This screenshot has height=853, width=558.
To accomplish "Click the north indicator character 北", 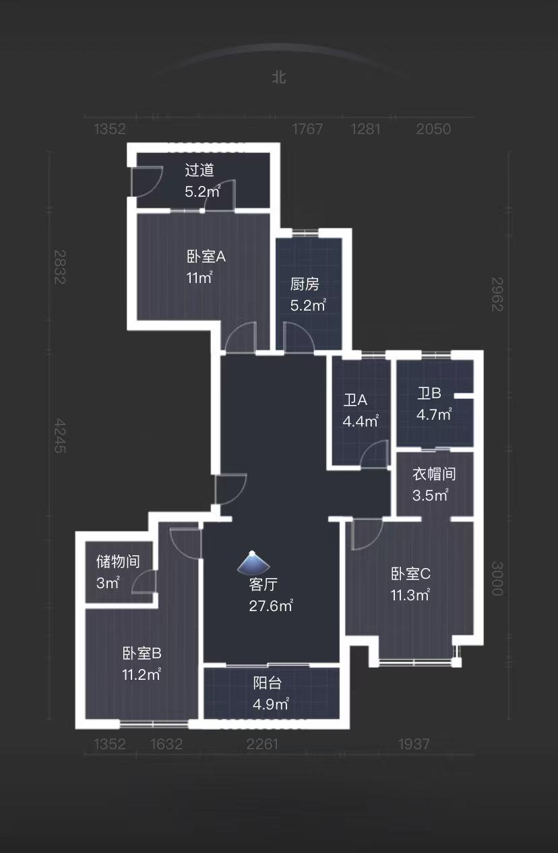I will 279,77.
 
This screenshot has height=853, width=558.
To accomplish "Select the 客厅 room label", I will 263,584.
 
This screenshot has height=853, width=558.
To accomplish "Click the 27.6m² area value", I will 270,606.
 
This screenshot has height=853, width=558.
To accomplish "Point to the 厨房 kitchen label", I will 305,284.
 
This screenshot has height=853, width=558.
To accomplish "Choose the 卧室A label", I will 206,257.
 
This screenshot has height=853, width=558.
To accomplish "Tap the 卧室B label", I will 142,653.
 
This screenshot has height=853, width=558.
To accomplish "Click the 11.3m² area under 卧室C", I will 410,595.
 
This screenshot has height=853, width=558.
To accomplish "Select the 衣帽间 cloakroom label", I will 434,474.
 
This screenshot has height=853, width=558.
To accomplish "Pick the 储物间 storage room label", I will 118,561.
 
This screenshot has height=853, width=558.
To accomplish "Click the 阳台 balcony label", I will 268,683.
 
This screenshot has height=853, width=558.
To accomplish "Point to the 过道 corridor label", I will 199,170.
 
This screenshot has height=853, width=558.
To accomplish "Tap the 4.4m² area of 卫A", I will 360,422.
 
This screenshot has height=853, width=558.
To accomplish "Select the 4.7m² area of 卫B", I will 433,415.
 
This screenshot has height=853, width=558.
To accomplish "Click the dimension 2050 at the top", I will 433,129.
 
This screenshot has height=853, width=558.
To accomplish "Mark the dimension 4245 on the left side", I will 61,435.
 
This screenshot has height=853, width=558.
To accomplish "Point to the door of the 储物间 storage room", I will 145,582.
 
